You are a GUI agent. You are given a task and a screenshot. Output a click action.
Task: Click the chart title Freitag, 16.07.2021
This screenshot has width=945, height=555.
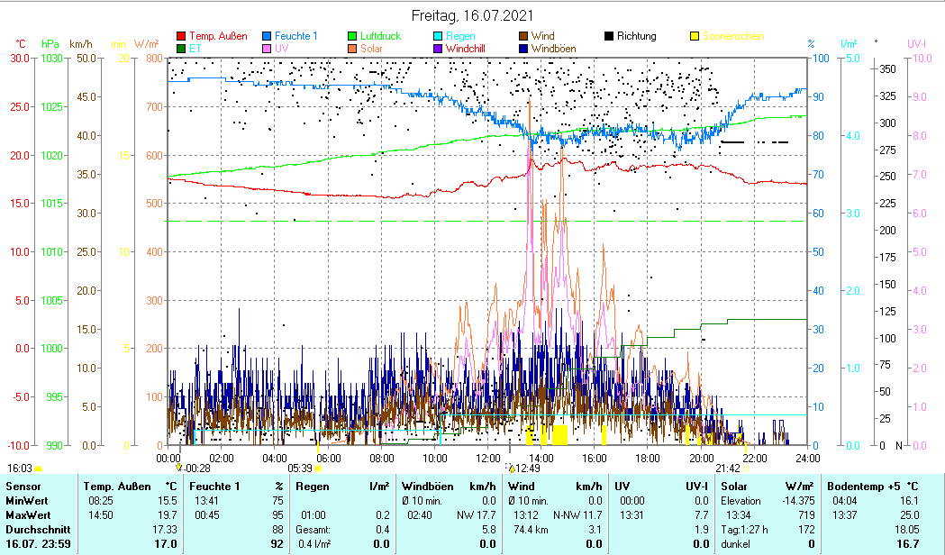tap(472, 15)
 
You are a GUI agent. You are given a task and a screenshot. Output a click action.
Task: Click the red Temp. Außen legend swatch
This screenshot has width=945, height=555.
tap(182, 37)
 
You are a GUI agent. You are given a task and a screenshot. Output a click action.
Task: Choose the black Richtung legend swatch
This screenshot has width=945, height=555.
tap(609, 37)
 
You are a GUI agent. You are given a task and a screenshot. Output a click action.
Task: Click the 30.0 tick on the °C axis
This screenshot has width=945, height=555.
tap(20, 59)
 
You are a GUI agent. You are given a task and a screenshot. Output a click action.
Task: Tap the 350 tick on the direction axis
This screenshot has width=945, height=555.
tap(887, 69)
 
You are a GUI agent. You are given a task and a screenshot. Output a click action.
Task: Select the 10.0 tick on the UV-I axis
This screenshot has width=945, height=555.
tap(919, 59)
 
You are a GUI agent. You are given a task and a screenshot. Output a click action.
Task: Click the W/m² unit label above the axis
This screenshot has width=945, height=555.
tap(146, 43)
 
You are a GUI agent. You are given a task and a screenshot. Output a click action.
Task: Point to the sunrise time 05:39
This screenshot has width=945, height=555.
tap(300, 469)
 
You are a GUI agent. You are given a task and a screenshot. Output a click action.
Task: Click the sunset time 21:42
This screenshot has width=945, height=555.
tap(728, 469)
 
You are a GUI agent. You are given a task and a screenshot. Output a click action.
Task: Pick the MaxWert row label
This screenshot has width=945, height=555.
tap(26, 515)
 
